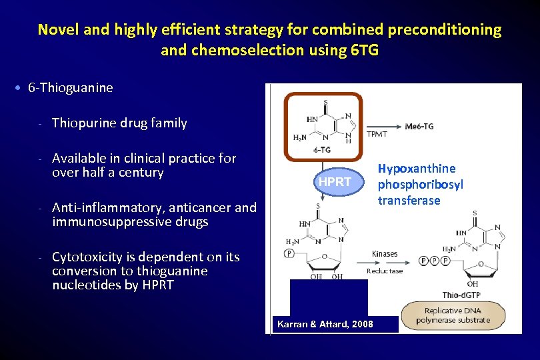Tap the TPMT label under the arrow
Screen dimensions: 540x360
click(377, 134)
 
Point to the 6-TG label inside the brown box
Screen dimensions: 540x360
click(322, 149)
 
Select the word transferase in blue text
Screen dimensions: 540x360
click(409, 201)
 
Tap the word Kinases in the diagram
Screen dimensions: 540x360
click(385, 254)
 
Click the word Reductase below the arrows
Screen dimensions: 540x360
click(385, 271)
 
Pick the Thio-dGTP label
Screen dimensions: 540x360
click(461, 295)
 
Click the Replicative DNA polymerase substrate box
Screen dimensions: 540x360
click(453, 315)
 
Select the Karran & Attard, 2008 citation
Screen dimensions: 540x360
click(325, 324)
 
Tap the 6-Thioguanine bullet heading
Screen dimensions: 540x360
click(71, 87)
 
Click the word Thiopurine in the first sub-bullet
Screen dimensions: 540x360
click(83, 123)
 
